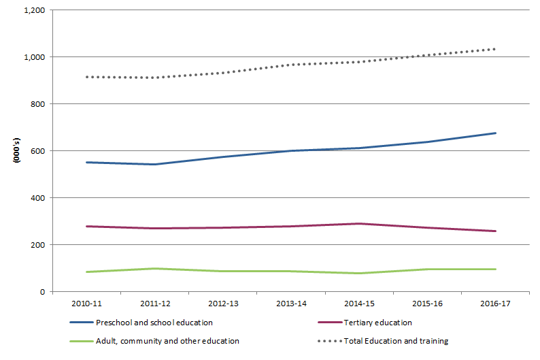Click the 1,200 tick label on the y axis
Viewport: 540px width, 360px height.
[x=35, y=10]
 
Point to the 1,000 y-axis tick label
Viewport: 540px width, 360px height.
[x=35, y=57]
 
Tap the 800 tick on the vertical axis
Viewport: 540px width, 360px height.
[x=38, y=104]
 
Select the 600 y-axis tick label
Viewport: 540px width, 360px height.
[x=38, y=151]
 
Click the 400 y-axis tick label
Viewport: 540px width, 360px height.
[x=38, y=198]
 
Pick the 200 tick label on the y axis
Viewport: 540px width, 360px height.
[x=38, y=245]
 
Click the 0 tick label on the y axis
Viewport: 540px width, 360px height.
[x=43, y=292]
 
